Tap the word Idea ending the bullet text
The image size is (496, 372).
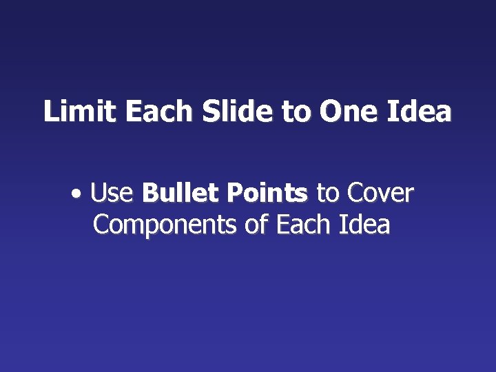tap(364, 225)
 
